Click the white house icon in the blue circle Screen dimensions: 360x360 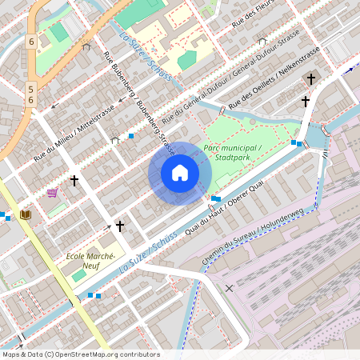(180, 173)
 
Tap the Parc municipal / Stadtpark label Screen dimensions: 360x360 (232, 153)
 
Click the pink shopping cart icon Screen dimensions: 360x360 (53, 193)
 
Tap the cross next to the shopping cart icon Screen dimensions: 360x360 (74, 181)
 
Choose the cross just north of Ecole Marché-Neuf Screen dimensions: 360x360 (120, 226)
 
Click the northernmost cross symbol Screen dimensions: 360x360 (311, 78)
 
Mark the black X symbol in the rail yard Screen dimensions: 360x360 (230, 287)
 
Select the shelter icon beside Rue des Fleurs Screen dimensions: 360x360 (262, 39)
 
